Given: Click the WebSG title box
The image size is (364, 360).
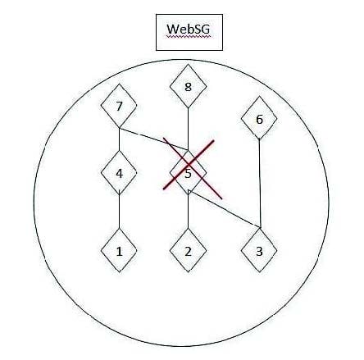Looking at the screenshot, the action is tap(189, 32).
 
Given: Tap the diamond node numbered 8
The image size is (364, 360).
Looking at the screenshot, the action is tap(188, 86).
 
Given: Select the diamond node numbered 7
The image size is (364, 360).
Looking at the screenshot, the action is tap(119, 106).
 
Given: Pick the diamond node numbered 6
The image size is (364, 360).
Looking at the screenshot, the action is tap(259, 118).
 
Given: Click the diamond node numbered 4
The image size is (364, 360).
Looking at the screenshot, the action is tap(119, 173).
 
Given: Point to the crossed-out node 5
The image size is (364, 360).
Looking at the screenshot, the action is tap(188, 172).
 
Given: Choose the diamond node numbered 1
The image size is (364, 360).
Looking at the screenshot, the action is tap(119, 250).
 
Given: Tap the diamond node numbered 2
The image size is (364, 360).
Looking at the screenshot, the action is tap(188, 250).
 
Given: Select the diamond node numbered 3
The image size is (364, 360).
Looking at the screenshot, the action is tap(259, 250).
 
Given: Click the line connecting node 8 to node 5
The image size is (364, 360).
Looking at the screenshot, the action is tap(188, 129).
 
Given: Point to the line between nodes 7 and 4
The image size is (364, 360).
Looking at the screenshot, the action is tap(119, 139).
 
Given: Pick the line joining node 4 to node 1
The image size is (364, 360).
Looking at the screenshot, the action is tap(119, 212).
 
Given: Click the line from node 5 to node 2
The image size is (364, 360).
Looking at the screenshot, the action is tap(189, 212).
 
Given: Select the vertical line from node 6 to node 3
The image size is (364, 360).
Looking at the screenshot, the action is tap(260, 184).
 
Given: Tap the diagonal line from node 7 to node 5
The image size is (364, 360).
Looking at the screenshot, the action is tap(153, 139).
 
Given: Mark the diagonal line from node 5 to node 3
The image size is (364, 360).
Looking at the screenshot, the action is tap(225, 209).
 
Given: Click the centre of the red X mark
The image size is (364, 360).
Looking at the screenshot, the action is tap(189, 165).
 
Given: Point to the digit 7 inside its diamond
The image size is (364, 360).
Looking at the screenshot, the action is tap(119, 107).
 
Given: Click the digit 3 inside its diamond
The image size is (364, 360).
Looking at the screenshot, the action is tap(259, 251).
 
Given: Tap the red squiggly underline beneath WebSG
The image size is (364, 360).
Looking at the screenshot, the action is tap(189, 35).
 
